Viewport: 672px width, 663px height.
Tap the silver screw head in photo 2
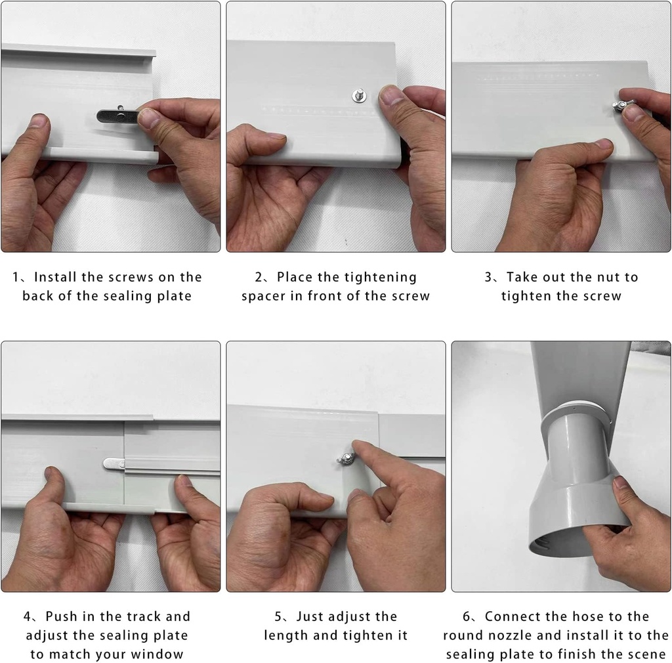[x=359, y=95]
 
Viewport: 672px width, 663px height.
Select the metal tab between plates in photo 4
[x=114, y=463]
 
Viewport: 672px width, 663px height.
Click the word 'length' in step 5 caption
[x=287, y=635]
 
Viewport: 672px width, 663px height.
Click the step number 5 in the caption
[x=278, y=616]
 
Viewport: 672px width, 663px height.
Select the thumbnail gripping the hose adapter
[x=620, y=484]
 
